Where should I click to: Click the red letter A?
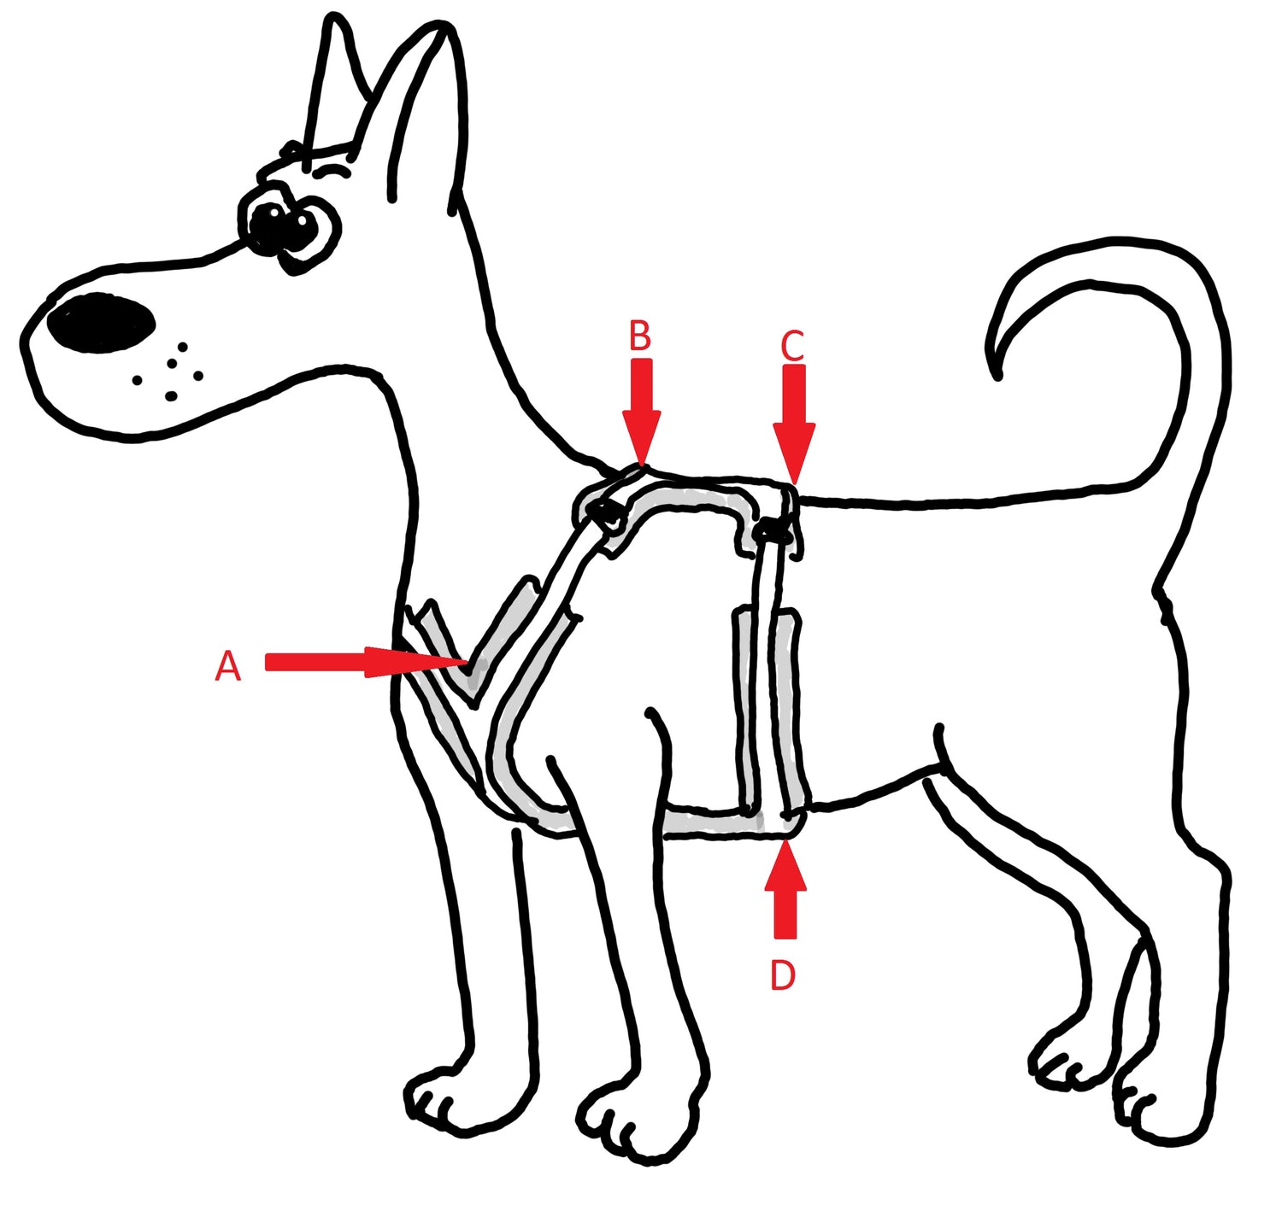click(227, 667)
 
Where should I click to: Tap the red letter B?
click(639, 336)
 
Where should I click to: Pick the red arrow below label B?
click(641, 412)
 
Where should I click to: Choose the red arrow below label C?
click(794, 424)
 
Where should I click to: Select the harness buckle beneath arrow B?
click(603, 514)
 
